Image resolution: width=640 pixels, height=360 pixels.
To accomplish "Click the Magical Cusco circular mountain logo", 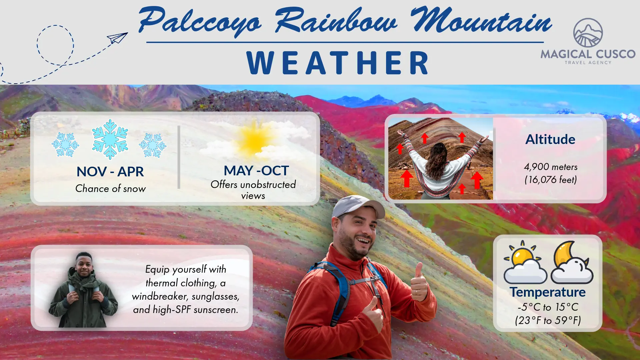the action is (588, 33).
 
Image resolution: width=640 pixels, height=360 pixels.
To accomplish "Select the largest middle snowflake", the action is (110, 139).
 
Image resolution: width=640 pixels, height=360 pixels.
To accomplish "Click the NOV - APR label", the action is (110, 172).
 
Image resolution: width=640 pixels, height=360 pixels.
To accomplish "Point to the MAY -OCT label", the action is (256, 171).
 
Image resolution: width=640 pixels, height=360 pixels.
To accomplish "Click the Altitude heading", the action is (550, 139).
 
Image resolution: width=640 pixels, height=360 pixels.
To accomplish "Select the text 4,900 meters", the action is (551, 167).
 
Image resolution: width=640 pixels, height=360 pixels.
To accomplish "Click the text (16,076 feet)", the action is (551, 180).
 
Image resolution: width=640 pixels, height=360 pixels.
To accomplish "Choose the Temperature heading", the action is (548, 292).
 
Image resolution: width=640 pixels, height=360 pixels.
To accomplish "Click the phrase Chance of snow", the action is (110, 189).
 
